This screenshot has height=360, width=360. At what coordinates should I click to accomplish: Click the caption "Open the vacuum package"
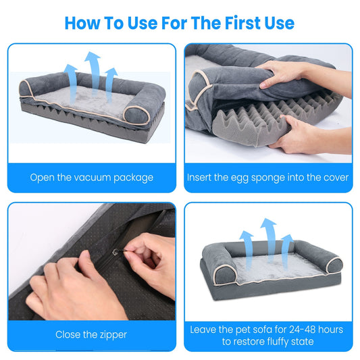point(92,178)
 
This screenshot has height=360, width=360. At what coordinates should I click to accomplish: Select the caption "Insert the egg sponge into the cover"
point(268,178)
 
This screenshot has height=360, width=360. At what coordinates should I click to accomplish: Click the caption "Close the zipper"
point(91,334)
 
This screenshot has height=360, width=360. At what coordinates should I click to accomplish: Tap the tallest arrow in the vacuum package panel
point(91,68)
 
